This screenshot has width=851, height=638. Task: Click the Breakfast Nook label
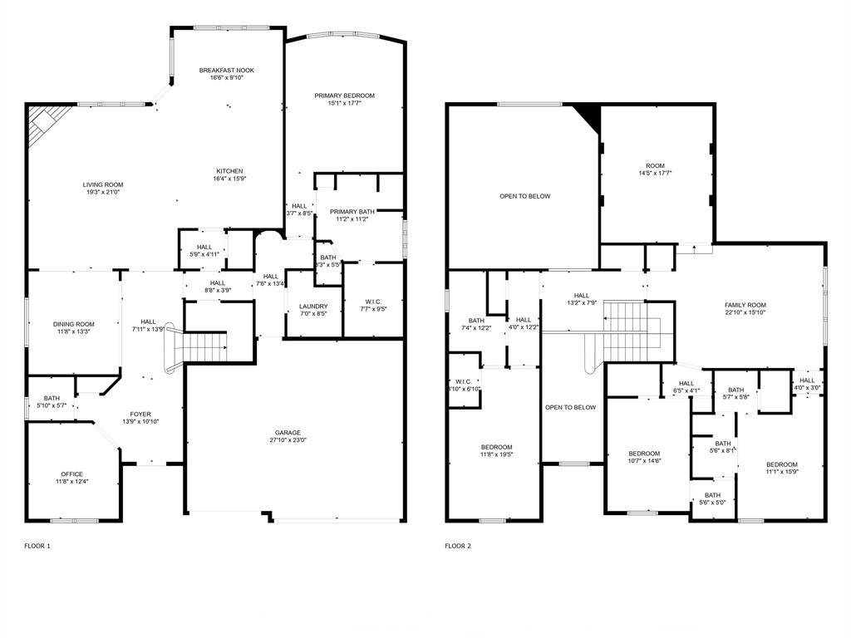226,71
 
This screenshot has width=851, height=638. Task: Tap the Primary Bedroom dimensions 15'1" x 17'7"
344,104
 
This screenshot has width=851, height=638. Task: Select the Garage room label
288,433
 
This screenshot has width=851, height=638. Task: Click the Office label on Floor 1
71,474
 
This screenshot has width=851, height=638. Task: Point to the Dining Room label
74,324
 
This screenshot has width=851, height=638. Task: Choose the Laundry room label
313,307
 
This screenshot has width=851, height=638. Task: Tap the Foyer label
140,414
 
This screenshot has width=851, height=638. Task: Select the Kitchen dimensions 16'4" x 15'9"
229,179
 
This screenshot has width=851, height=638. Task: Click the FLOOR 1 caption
37,546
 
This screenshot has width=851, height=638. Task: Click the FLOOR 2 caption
458,546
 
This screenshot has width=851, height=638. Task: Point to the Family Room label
745,305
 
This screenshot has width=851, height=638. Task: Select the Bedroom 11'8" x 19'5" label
496,447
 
